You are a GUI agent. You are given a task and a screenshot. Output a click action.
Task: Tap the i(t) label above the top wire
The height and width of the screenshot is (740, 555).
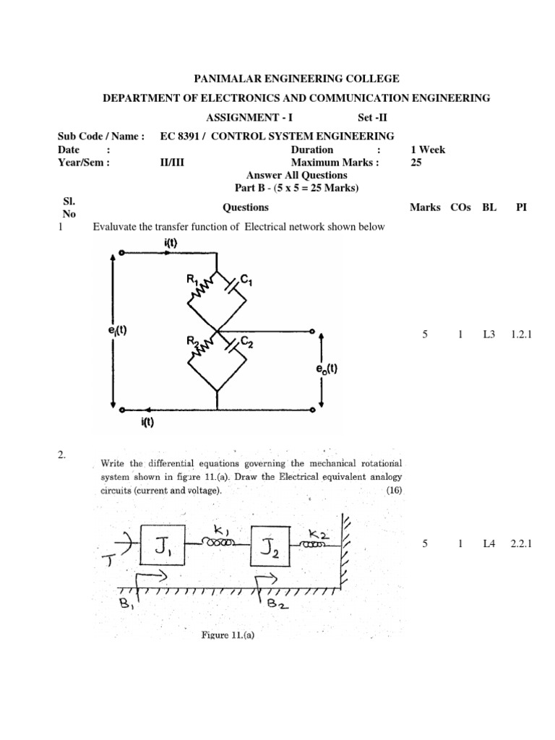tap(171, 244)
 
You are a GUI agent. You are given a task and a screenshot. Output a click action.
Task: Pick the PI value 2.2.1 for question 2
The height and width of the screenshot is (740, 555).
tap(520, 544)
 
